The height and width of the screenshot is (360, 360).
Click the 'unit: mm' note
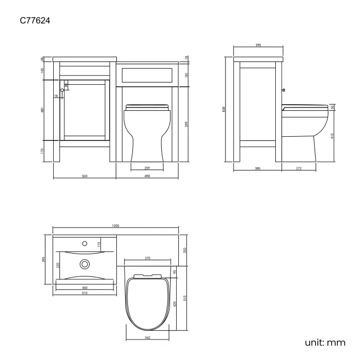(325, 343)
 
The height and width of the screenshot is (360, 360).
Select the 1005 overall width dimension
(115, 226)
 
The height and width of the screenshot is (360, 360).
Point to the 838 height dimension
(224, 109)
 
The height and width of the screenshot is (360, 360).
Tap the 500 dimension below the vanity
(85, 176)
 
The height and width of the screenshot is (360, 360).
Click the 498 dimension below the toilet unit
(147, 176)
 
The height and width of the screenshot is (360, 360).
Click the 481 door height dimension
(43, 110)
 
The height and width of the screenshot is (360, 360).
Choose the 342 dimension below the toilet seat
(147, 337)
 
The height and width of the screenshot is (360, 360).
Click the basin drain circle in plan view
(85, 264)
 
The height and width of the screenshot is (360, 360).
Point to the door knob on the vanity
(61, 90)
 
